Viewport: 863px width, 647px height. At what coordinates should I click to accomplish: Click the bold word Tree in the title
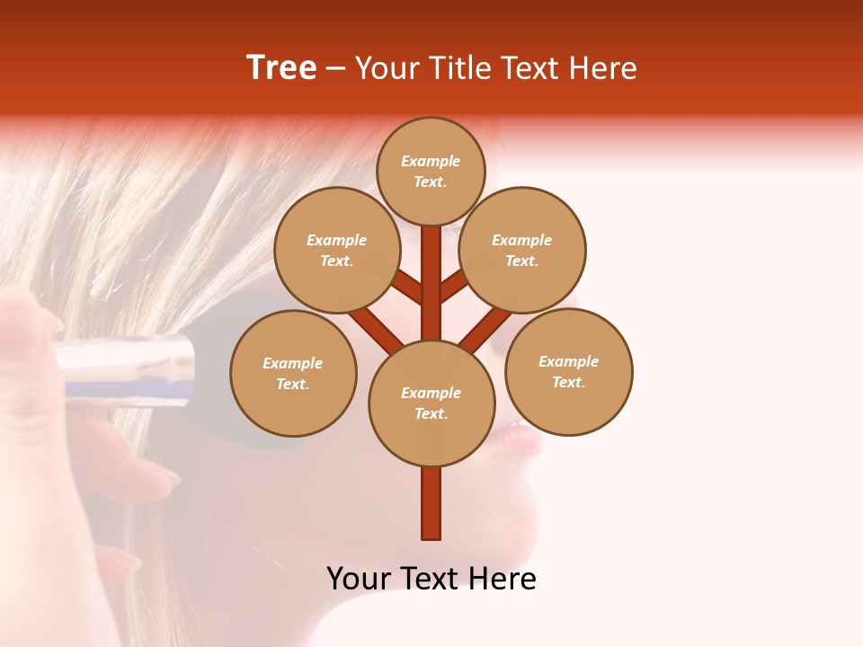point(281,68)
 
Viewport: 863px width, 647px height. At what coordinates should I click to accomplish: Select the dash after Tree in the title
point(336,69)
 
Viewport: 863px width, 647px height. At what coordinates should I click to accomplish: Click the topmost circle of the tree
point(431,171)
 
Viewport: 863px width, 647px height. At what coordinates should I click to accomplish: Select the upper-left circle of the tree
point(337,250)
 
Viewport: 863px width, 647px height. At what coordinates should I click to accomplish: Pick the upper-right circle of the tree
point(522,250)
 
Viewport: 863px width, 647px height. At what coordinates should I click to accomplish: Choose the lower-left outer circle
point(293,373)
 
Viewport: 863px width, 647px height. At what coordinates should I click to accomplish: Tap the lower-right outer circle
point(568,371)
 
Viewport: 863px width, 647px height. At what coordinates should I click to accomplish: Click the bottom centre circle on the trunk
point(431,403)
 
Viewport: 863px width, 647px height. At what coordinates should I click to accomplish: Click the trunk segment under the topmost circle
point(431,270)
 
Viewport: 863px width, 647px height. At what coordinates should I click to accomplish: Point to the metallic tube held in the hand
point(126,368)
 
